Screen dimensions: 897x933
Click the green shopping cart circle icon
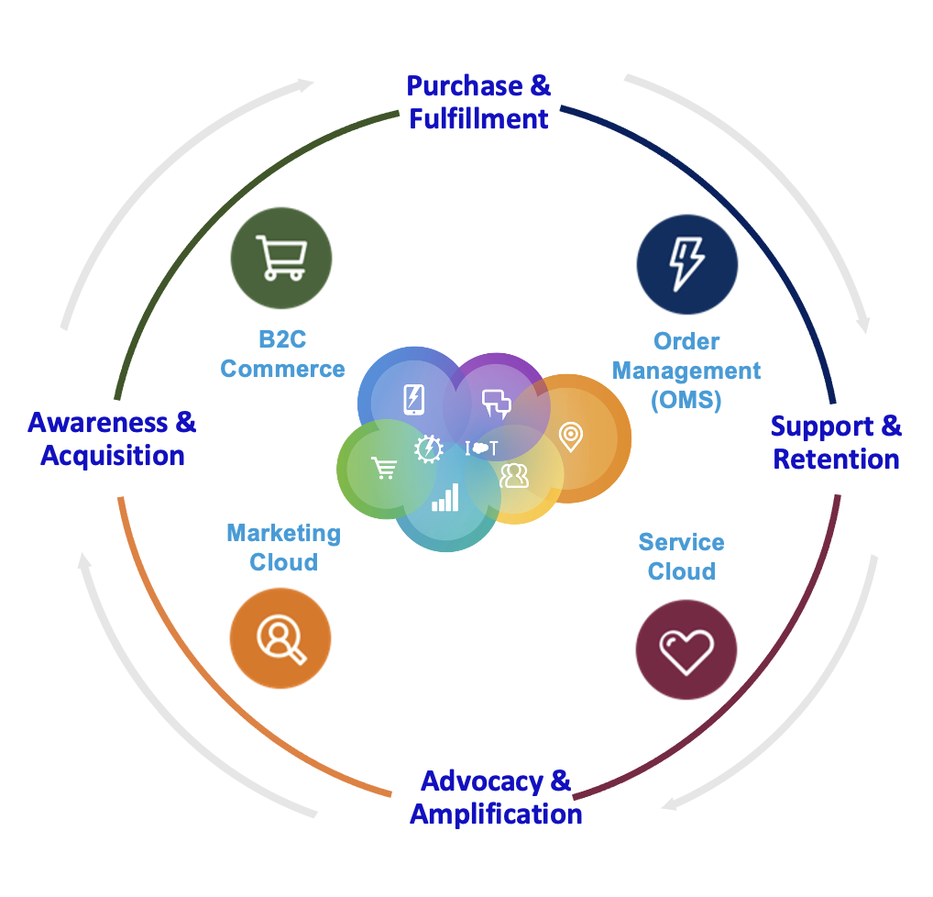(280, 258)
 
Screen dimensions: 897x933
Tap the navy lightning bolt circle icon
(686, 263)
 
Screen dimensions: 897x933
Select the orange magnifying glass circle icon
(280, 638)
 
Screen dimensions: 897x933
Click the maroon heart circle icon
(686, 650)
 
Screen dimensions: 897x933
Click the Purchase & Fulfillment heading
(478, 102)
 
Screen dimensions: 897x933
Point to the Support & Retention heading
(836, 442)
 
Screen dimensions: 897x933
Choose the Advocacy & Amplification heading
(496, 798)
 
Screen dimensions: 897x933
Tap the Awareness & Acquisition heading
(112, 438)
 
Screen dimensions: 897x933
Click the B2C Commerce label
(282, 355)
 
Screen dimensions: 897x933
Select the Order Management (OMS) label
(686, 371)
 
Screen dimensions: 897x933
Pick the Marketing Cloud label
(283, 548)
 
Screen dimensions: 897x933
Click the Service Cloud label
(681, 557)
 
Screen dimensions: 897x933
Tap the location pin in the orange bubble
(570, 436)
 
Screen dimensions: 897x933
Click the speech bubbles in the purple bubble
(496, 403)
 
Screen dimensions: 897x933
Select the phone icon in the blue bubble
(414, 398)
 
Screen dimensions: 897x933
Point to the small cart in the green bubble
(384, 468)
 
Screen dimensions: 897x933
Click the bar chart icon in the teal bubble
(445, 498)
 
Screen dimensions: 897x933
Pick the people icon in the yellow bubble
(514, 475)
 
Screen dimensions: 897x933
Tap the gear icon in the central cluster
(429, 448)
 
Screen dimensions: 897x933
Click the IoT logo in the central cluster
(482, 448)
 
